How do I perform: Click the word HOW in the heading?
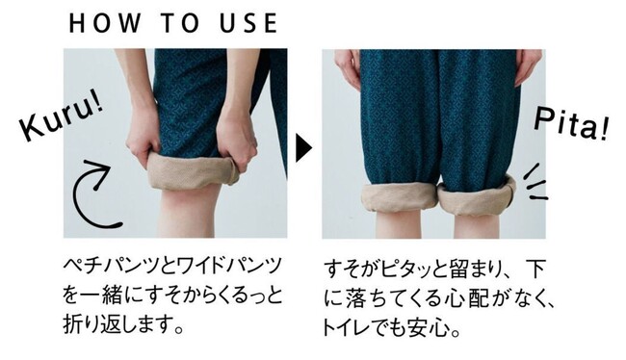tap(104, 23)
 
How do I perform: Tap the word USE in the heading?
tap(248, 23)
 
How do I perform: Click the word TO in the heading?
tap(180, 23)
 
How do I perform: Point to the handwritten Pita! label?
tap(571, 125)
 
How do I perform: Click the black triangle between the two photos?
tap(303, 147)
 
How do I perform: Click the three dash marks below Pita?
tap(535, 182)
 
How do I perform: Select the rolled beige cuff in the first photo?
tap(193, 171)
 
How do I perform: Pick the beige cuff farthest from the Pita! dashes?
tap(400, 197)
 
